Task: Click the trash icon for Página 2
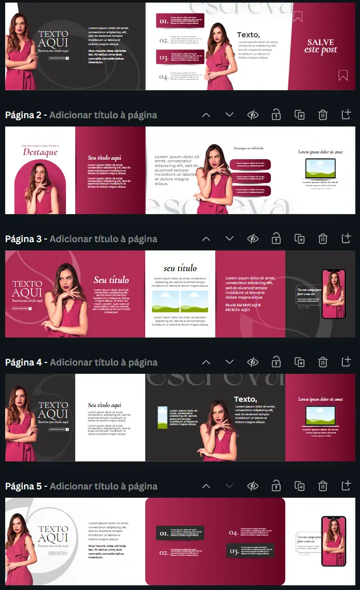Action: click(323, 115)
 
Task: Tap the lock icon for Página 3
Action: click(276, 239)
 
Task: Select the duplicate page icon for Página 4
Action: click(299, 362)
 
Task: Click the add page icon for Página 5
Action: click(346, 486)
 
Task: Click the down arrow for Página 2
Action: click(229, 115)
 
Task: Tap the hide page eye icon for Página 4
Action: click(253, 362)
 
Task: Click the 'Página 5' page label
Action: click(23, 486)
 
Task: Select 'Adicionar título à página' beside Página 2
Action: click(103, 115)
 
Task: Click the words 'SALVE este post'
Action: click(322, 46)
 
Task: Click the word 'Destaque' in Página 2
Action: click(40, 152)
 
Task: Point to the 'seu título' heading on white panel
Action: click(180, 268)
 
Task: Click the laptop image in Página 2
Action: click(320, 168)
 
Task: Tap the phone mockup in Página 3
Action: click(333, 293)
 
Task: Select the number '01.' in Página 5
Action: click(163, 533)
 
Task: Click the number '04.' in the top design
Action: click(163, 77)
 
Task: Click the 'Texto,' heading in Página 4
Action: click(245, 399)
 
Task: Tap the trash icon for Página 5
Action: click(323, 486)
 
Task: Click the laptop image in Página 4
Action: click(320, 416)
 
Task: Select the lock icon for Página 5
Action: click(276, 486)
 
